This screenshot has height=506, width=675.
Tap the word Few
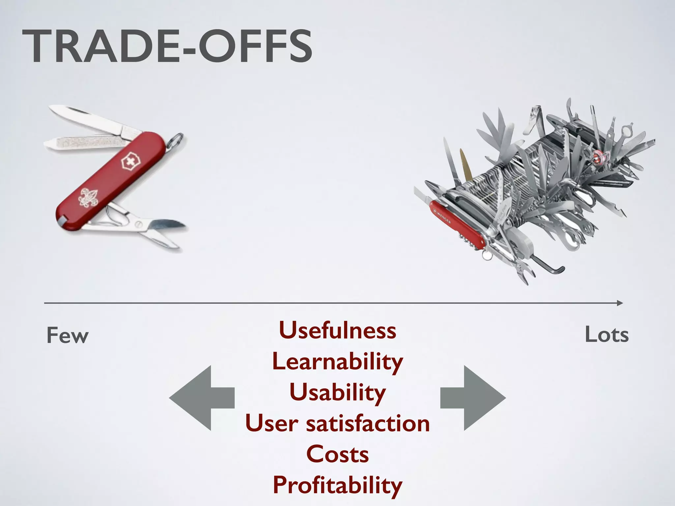(x=68, y=336)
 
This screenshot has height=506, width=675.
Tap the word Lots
(x=607, y=335)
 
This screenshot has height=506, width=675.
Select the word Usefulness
(x=337, y=330)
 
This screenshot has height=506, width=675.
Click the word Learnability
(x=337, y=362)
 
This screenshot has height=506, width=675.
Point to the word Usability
(x=337, y=392)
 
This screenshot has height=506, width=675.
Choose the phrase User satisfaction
(x=337, y=423)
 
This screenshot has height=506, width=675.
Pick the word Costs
(x=337, y=454)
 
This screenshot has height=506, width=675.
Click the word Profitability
(x=337, y=485)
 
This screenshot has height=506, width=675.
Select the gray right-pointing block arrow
(x=473, y=398)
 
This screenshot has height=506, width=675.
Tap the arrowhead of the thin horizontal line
(x=620, y=303)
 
